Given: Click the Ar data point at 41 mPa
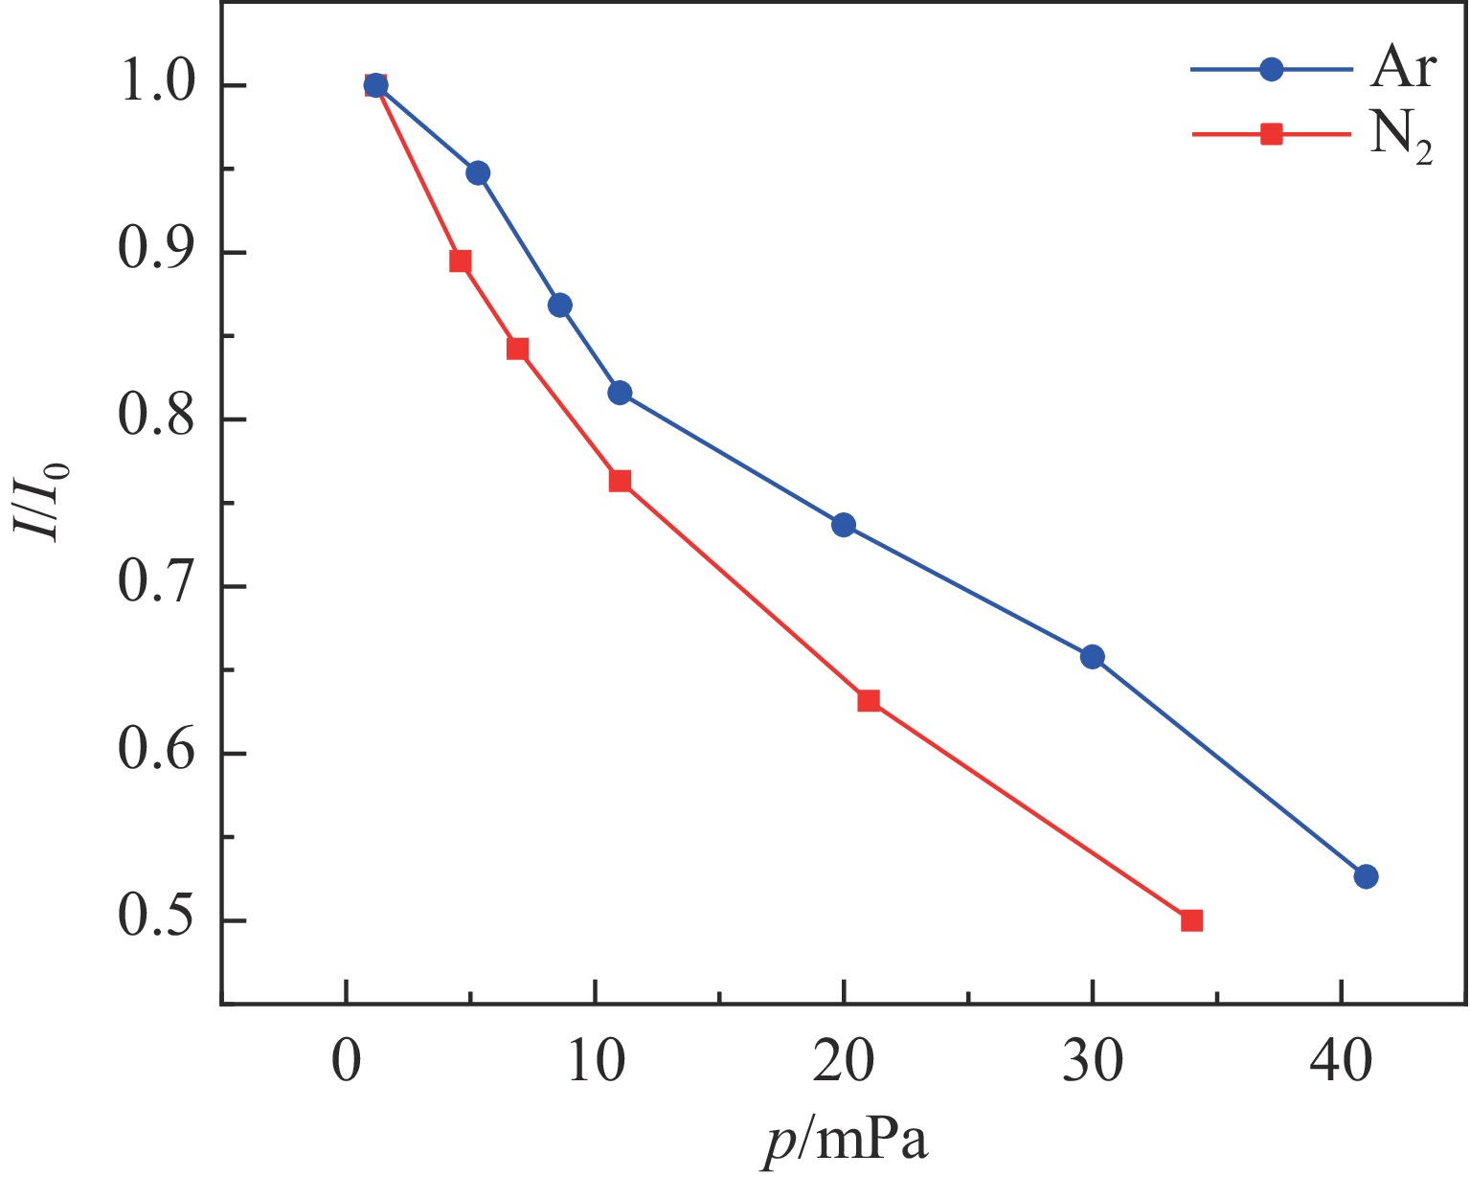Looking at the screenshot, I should [x=1366, y=876].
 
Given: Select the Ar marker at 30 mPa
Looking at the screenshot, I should [x=1092, y=657].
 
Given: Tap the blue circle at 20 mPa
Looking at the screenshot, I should [x=844, y=525].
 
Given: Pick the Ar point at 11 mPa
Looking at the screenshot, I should [x=620, y=393].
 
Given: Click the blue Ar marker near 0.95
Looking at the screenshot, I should [x=478, y=173].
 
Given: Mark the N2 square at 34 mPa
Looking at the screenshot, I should [x=1191, y=920].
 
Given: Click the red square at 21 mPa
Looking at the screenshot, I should [x=869, y=700].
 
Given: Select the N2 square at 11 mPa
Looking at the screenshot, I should [x=620, y=481].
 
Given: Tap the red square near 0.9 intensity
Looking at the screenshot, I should [x=461, y=261].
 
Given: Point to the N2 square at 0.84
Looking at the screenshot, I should [x=518, y=349].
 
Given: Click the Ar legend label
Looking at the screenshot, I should [x=1402, y=69].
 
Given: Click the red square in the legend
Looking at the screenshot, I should [x=1271, y=134].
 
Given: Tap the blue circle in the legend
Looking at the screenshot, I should [x=1271, y=69].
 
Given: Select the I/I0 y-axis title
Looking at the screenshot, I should [x=43, y=503].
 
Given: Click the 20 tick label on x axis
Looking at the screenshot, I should [x=844, y=1064].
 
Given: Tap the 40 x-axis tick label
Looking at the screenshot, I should [x=1341, y=1064].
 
